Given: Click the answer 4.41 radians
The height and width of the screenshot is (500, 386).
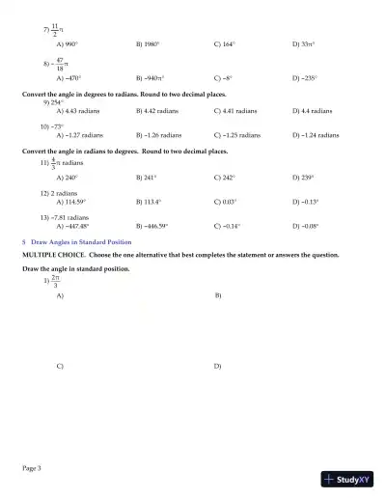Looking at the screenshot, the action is (237, 111).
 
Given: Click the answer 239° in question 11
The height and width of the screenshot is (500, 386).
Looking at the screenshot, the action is (305, 178).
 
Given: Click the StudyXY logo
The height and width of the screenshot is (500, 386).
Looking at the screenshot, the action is (348, 479).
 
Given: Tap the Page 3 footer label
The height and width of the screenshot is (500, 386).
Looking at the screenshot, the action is (32, 468).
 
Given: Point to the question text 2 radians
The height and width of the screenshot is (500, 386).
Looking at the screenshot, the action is (61, 192).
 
